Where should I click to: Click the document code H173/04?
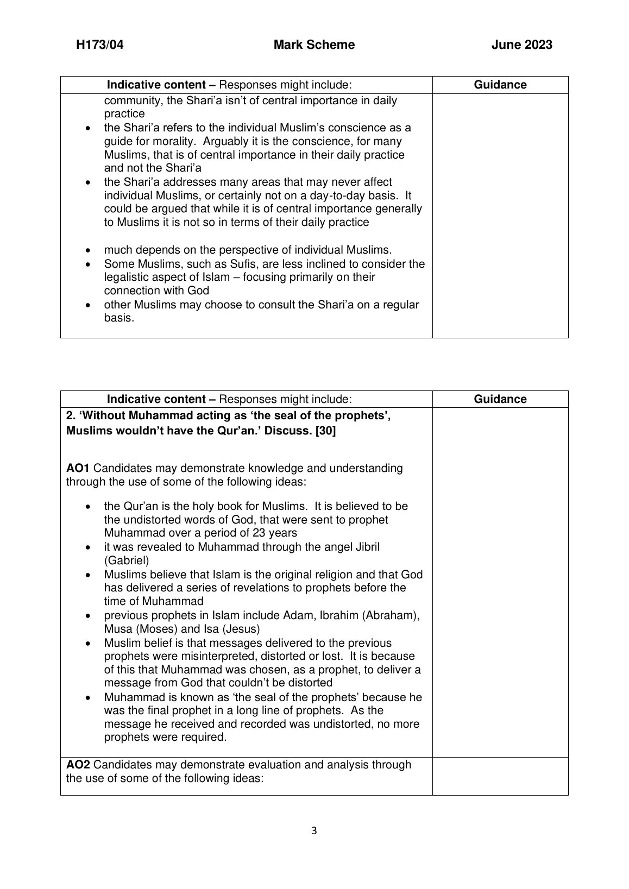99,45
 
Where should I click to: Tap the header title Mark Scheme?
314,45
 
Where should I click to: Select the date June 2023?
521,45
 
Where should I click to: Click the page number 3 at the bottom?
314,830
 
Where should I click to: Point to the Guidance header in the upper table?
500,85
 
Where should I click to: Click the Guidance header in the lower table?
500,399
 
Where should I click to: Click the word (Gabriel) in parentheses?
126,560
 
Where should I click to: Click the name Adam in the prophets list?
298,615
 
